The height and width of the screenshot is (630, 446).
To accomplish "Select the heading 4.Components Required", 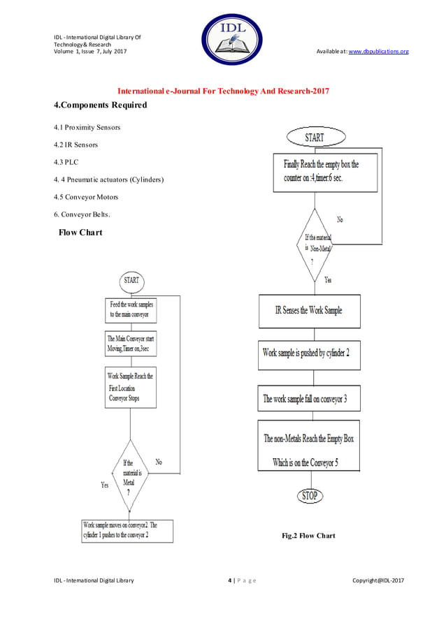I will click(101, 105).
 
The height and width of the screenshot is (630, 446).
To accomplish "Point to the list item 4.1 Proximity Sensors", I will click(87, 127).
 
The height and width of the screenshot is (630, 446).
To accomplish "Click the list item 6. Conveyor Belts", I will click(81, 214).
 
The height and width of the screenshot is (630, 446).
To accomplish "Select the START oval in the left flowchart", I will click(131, 280).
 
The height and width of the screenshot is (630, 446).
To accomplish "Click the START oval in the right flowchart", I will click(314, 137).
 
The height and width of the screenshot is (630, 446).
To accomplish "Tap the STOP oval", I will click(309, 496).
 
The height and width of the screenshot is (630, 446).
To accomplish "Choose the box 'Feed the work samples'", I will click(131, 309).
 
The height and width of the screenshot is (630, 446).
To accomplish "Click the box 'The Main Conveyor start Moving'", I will click(131, 343).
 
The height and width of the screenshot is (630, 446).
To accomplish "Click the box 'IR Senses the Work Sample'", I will click(310, 311).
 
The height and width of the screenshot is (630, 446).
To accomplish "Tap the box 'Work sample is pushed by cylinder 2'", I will click(310, 354).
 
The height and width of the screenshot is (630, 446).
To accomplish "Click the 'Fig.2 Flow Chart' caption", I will click(308, 536).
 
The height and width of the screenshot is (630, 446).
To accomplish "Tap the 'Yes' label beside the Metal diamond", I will click(104, 485).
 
